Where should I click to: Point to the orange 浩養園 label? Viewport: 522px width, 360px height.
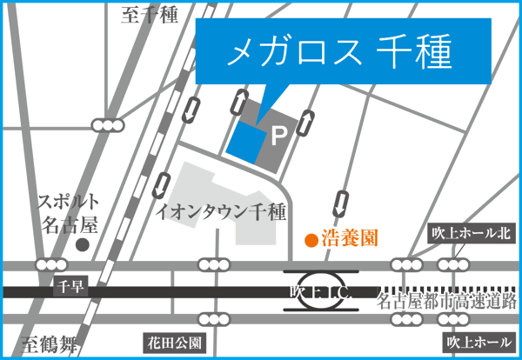pyautogui.click(x=350, y=237)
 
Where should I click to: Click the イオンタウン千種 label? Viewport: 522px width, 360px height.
pyautogui.click(x=220, y=210)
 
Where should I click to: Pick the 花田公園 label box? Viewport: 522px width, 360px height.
pyautogui.click(x=174, y=343)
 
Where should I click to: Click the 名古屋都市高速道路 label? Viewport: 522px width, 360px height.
pyautogui.click(x=448, y=301)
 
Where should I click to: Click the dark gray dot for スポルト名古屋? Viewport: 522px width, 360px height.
pyautogui.click(x=83, y=246)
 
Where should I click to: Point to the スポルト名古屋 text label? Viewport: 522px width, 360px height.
pyautogui.click(x=68, y=213)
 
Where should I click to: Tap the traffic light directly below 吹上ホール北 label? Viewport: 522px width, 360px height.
pyautogui.click(x=453, y=264)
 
